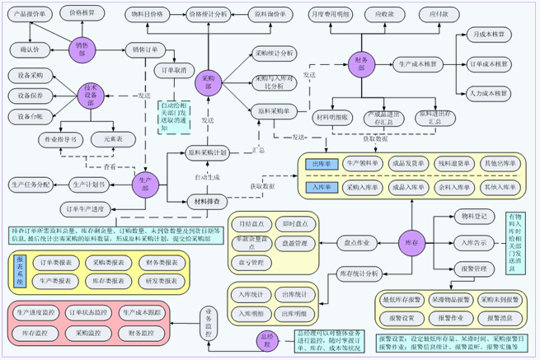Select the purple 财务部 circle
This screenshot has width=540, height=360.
pos(360,63)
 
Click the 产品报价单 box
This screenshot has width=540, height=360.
pos(32,15)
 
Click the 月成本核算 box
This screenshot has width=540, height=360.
pos(486,36)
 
